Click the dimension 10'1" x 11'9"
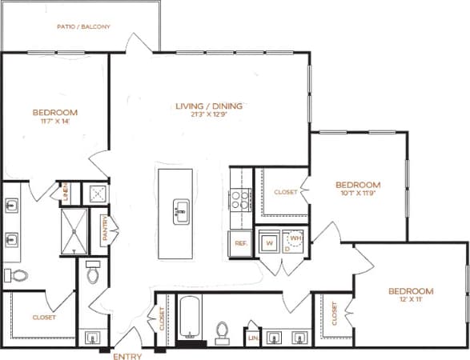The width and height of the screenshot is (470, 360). [x=357, y=193]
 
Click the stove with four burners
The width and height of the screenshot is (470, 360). [x=240, y=199]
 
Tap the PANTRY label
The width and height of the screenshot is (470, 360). [x=104, y=227]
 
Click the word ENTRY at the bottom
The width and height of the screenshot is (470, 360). [x=127, y=354]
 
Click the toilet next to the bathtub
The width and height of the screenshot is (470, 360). [x=224, y=330]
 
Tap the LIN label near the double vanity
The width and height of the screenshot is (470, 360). [x=253, y=338]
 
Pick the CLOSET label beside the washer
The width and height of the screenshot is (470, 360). [x=286, y=192]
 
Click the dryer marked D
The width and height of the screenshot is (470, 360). [x=287, y=249]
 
